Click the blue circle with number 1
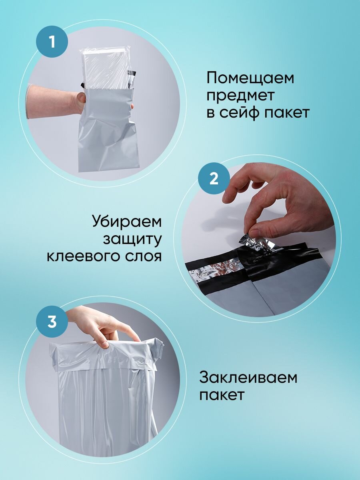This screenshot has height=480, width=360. tap(52, 42)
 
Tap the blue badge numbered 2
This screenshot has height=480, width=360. tap(214, 179)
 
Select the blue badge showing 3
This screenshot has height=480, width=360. tap(52, 322)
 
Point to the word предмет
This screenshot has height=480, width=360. tap(240, 96)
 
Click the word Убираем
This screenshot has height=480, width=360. tap(127, 222)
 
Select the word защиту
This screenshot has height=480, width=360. tap(132, 240)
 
